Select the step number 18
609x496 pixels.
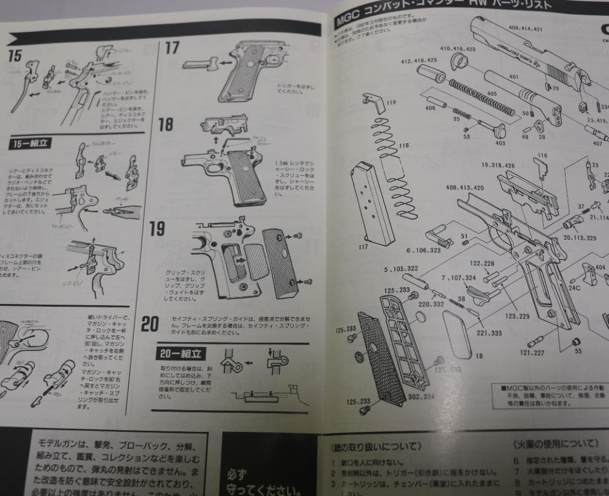click(x=166, y=124)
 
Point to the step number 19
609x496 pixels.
click(x=157, y=229)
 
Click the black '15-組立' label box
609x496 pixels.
click(x=30, y=144)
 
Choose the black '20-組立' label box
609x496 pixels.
click(x=181, y=354)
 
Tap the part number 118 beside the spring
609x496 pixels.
click(x=404, y=145)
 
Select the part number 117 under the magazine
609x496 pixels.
click(x=363, y=247)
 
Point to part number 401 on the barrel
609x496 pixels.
click(x=513, y=77)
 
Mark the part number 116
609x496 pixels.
click(x=542, y=155)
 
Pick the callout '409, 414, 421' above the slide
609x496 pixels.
click(x=525, y=28)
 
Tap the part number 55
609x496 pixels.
click(x=578, y=351)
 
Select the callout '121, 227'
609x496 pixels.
click(x=532, y=353)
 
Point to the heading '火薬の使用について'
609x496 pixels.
click(x=555, y=443)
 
